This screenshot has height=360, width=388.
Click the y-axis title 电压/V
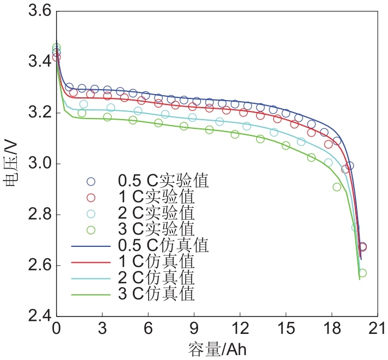tap(11, 164)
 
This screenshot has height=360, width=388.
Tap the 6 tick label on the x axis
tap(147, 330)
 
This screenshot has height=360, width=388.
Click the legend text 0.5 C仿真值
tap(164, 246)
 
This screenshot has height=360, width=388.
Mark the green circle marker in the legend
tap(91, 229)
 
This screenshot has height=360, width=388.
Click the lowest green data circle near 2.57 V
tap(362, 273)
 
